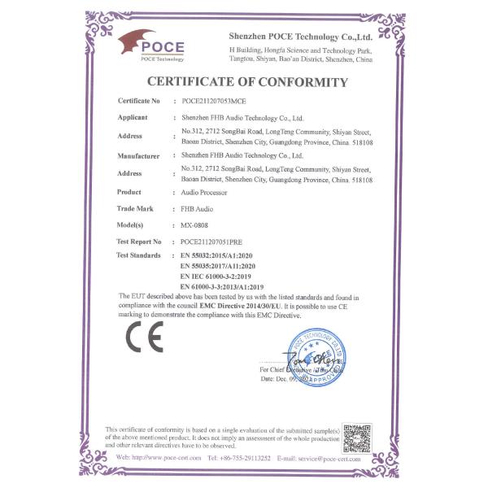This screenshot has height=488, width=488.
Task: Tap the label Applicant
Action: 132,117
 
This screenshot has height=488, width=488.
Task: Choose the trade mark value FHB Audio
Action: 196,209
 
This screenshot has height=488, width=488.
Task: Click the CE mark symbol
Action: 145,336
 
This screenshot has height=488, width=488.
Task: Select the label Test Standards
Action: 139,255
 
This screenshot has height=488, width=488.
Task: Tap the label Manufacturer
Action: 137,155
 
